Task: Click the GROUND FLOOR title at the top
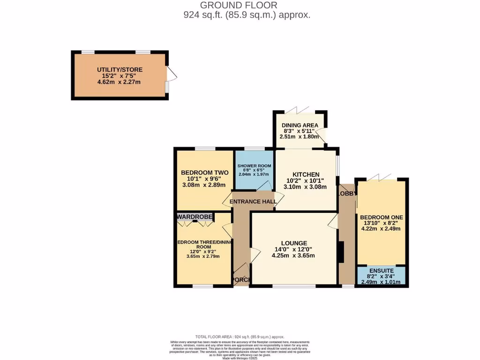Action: point(239,5)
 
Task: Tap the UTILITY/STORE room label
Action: point(120,70)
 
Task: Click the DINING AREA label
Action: point(300,125)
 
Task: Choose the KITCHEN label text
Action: point(306,174)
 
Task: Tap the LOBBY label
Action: point(347,193)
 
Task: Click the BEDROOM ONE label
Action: point(382,217)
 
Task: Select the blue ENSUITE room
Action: point(381,276)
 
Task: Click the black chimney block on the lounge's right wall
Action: point(341,252)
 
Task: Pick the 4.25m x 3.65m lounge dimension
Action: point(293,255)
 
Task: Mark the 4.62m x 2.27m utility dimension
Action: point(119,82)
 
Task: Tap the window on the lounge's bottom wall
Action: point(294,285)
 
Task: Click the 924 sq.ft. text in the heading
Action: point(203,15)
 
